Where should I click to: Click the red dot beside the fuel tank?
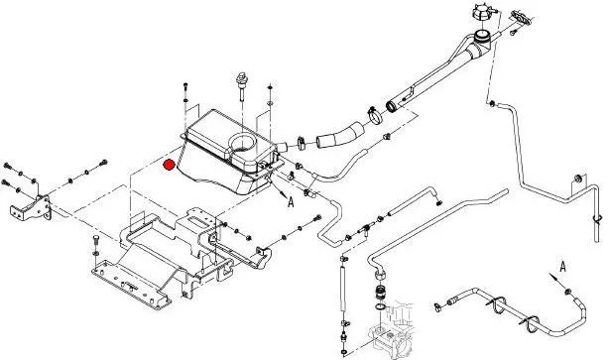tap(169, 165)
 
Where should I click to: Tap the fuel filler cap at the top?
tap(483, 13)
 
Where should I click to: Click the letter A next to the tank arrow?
tap(291, 201)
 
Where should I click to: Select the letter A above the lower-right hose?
tap(562, 267)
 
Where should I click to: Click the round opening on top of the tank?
tap(242, 143)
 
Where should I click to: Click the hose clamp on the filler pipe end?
tap(374, 115)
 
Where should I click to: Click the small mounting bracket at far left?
tap(31, 207)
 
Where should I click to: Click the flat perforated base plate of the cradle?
tap(131, 285)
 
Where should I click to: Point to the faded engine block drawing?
tap(391, 327)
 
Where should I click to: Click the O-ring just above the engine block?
tap(381, 307)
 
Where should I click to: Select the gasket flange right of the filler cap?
tap(521, 17)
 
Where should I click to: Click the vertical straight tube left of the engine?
tap(343, 289)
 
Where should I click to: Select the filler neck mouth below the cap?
tap(483, 37)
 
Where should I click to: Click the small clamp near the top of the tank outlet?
tap(301, 143)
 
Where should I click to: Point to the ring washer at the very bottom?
tap(344, 352)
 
